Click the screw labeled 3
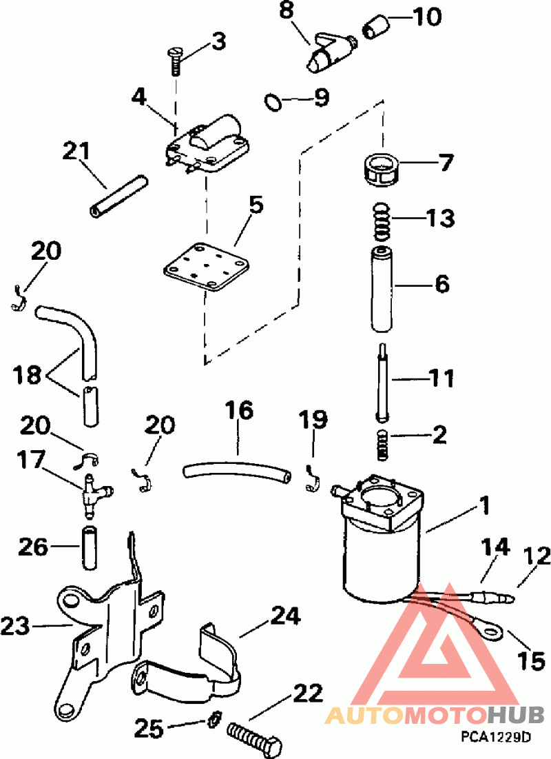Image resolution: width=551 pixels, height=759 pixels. pyautogui.click(x=175, y=61)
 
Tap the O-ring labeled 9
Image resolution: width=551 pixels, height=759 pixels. pyautogui.click(x=273, y=102)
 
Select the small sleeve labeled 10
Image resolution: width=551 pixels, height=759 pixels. pyautogui.click(x=375, y=26)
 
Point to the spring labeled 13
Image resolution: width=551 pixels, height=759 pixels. pyautogui.click(x=382, y=221)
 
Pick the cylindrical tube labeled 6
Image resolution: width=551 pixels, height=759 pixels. pyautogui.click(x=382, y=290)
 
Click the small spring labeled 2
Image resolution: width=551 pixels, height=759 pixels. pyautogui.click(x=382, y=445)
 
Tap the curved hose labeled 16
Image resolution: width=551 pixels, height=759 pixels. pyautogui.click(x=237, y=471)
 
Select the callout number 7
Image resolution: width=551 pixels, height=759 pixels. pyautogui.click(x=445, y=162)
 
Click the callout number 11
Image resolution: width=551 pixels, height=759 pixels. pyautogui.click(x=441, y=377)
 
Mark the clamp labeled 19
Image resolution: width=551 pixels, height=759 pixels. pyautogui.click(x=312, y=478)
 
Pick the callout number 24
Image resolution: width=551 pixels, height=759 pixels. pyautogui.click(x=285, y=615)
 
